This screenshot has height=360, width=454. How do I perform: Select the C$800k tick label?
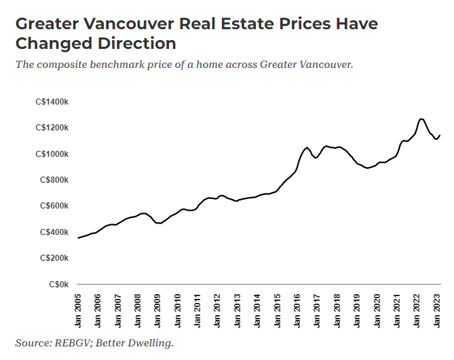[54, 180]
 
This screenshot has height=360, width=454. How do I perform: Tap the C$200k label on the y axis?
[54, 258]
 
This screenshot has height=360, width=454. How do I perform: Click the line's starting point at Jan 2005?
[78, 238]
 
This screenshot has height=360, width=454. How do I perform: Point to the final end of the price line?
[440, 135]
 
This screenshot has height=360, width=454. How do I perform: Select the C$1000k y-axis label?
[52, 154]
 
